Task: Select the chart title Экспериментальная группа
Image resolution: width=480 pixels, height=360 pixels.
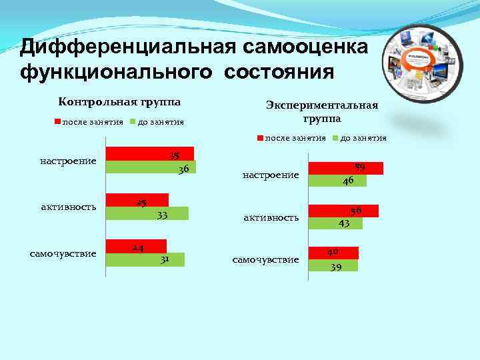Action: tap(321, 111)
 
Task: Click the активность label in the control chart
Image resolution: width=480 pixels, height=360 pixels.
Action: tap(69, 207)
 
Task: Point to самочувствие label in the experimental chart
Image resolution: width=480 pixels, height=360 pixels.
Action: tap(265, 259)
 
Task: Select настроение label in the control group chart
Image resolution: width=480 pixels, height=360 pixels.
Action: tap(69, 161)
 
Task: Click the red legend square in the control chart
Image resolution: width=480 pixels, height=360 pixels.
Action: tap(58, 123)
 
